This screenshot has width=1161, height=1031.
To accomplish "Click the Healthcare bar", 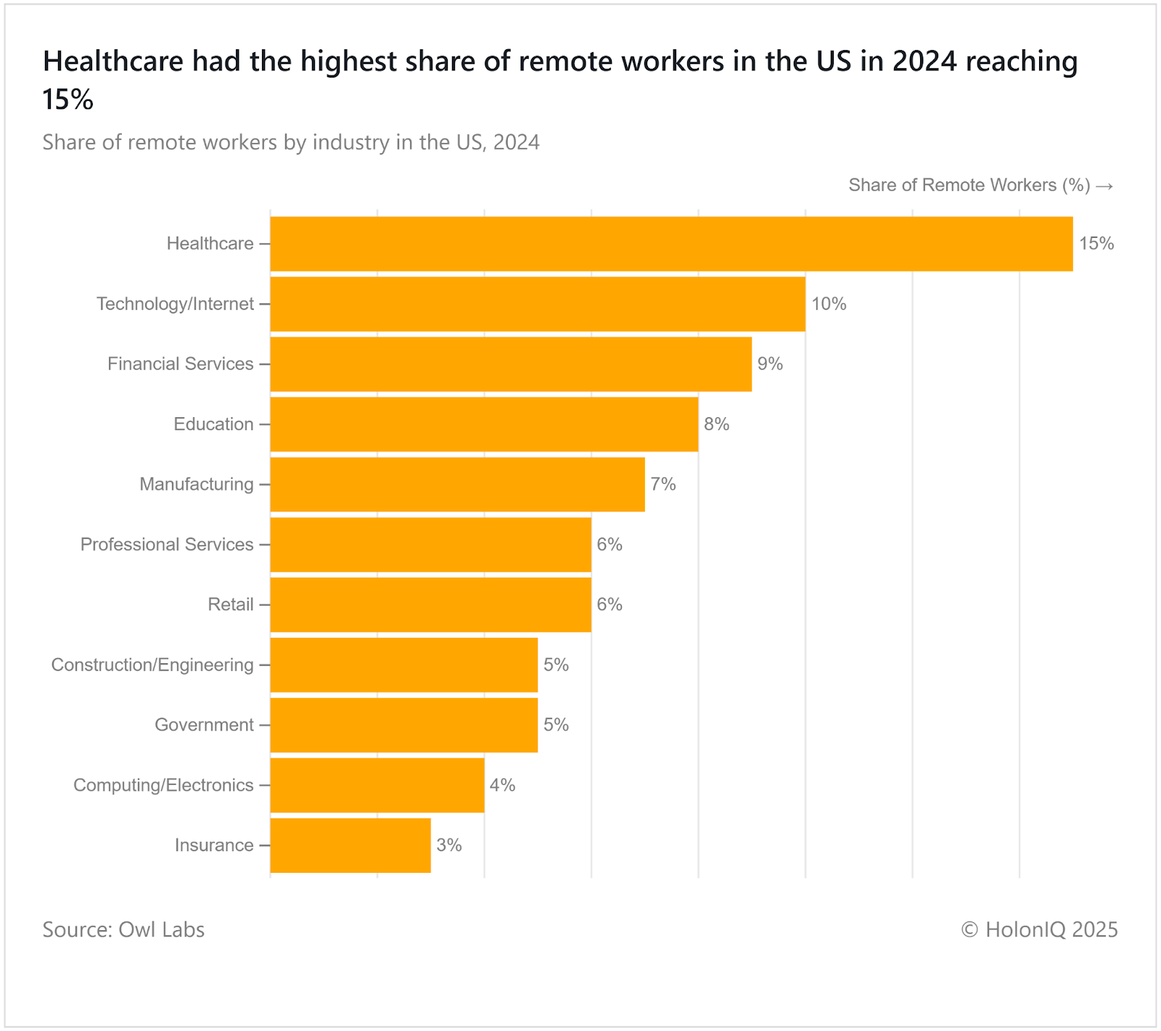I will pos(671,244).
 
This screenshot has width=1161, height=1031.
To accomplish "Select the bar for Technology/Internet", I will pos(538,304).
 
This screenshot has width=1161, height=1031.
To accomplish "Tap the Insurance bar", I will pos(350,845).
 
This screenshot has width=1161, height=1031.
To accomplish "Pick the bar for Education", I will pos(484,424).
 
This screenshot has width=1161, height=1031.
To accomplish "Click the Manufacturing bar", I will pos(457,485).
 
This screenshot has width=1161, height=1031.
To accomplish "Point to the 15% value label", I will pos(1096,244).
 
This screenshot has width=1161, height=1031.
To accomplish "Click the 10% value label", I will pos(829,304).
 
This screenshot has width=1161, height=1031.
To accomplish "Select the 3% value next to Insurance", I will pos(449,845).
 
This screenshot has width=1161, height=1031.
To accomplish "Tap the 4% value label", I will pos(502,785).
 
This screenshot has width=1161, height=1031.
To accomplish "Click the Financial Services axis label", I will pos(181,364).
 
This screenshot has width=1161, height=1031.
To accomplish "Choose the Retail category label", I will pos(231,605).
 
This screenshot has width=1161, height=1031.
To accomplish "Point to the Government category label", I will pos(205,726).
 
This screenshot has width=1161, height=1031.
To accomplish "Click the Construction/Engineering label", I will pos(152,665).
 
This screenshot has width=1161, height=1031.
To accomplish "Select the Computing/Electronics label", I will pos(163,786).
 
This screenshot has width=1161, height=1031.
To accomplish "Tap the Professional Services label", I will pos(167,545).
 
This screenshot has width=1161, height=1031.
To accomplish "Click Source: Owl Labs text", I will pos(123,929).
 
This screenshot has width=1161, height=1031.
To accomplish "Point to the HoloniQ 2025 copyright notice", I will pos(1039,929).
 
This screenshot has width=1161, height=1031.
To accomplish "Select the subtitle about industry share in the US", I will pos(290,142).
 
